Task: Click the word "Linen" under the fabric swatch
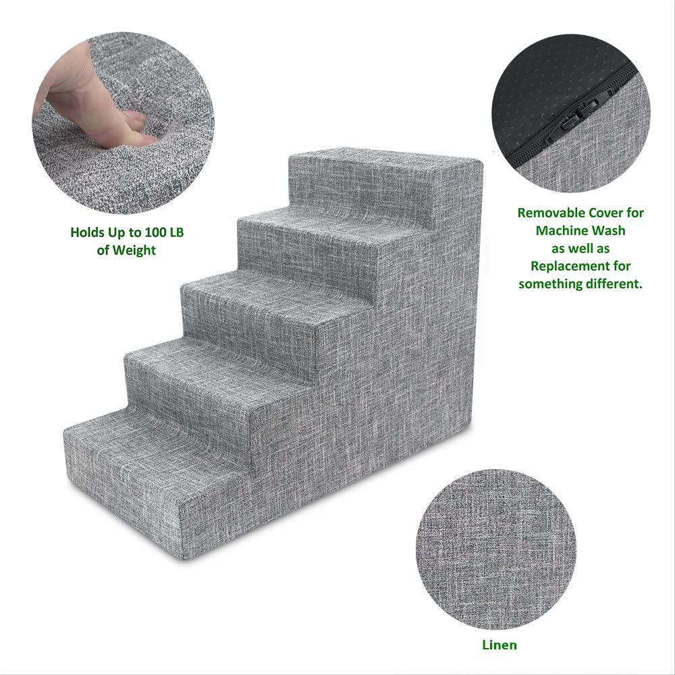[x=500, y=645]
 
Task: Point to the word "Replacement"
[x=570, y=266]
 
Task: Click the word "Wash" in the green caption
[x=609, y=231]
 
